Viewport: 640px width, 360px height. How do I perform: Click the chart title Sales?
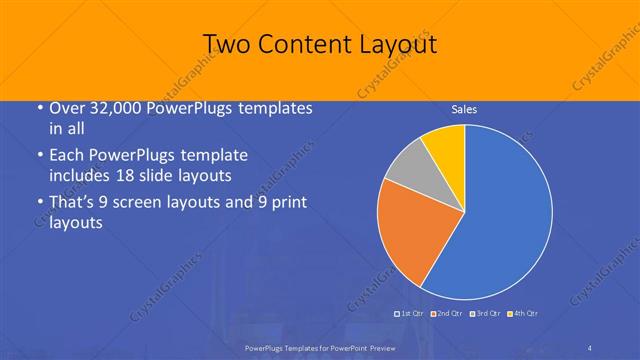[463, 109]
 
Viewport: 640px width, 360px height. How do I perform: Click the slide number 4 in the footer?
[591, 346]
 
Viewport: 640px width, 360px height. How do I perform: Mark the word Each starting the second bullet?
[65, 156]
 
